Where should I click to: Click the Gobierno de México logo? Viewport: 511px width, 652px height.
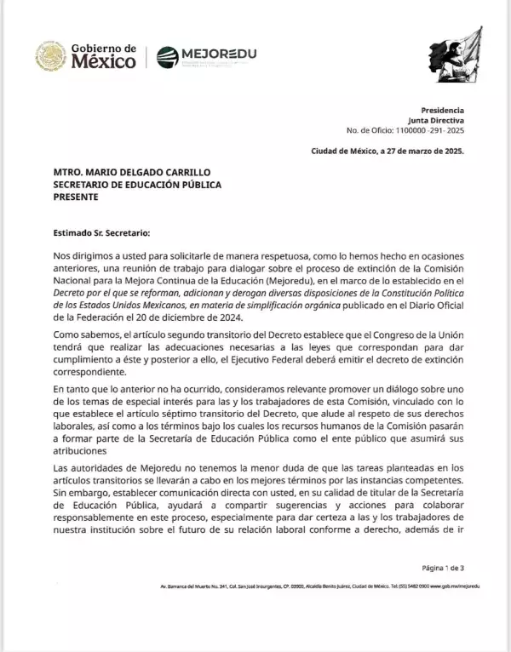click(85, 56)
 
